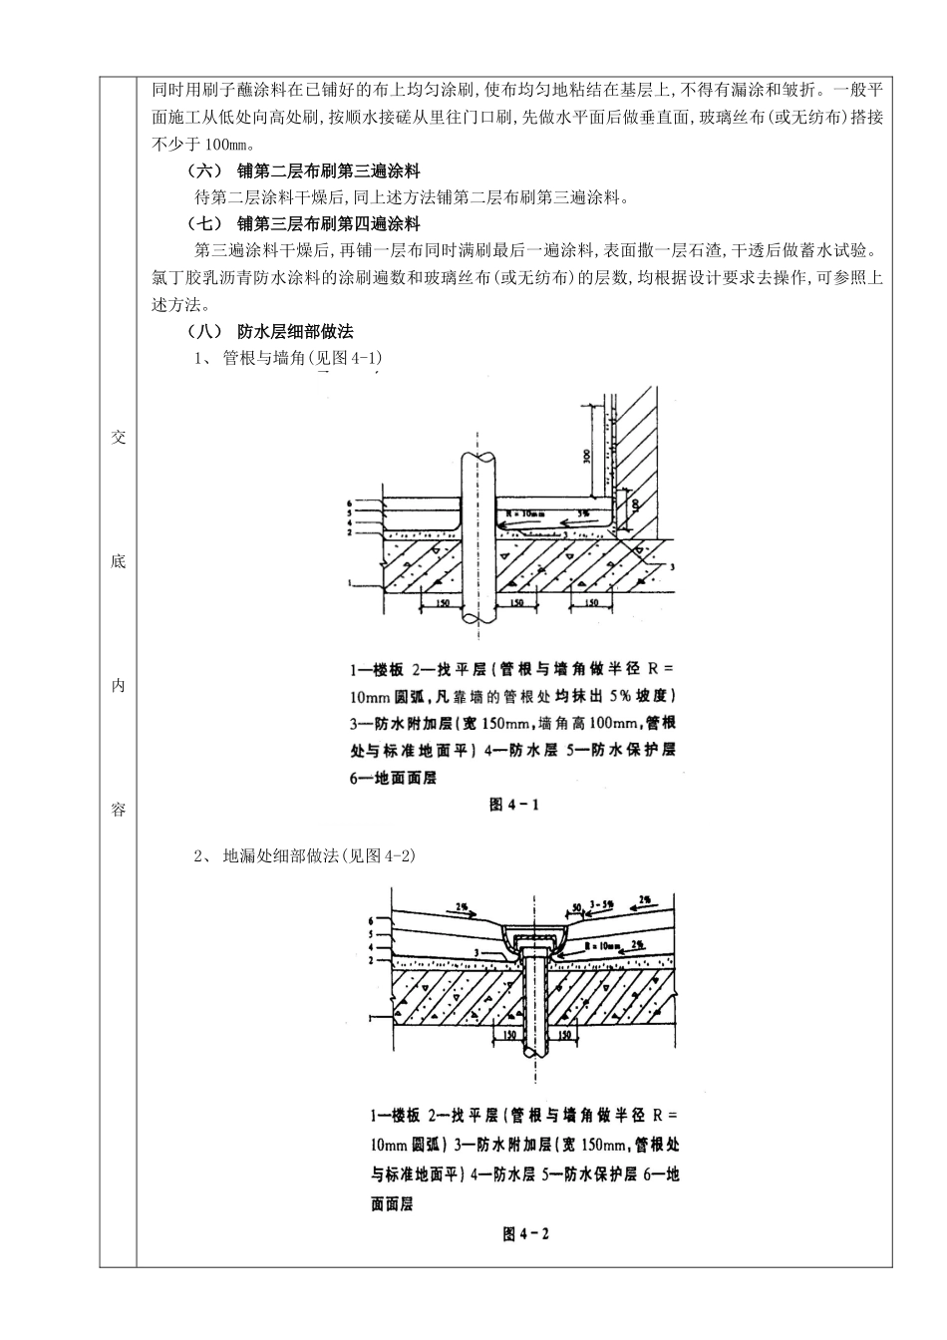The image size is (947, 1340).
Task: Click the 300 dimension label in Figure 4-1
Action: pyautogui.click(x=587, y=456)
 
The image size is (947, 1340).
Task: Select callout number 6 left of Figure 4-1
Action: pyautogui.click(x=350, y=503)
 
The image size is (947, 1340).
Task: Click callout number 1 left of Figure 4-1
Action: pyautogui.click(x=350, y=582)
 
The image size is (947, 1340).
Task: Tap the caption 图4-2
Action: pyautogui.click(x=525, y=1233)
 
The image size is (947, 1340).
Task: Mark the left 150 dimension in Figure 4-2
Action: pyautogui.click(x=510, y=1036)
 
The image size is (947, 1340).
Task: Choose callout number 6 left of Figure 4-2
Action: pyautogui.click(x=371, y=919)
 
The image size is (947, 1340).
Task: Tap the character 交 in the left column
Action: pyautogui.click(x=119, y=437)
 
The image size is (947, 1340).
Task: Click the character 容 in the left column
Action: pyautogui.click(x=119, y=810)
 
